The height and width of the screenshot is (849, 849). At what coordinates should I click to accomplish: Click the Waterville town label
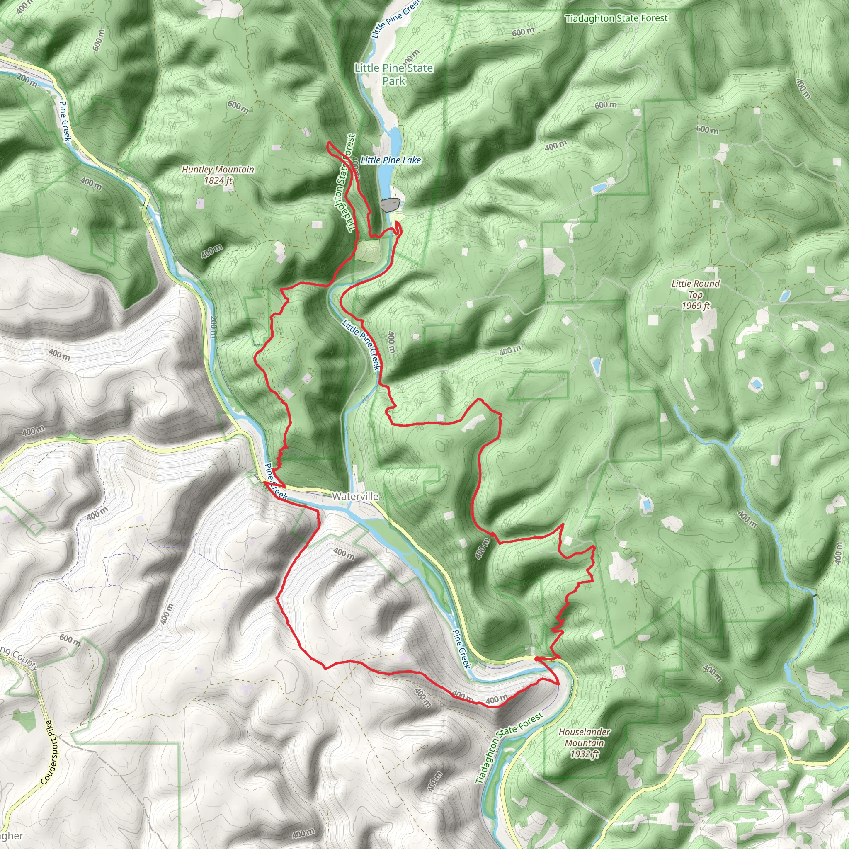coord(355,496)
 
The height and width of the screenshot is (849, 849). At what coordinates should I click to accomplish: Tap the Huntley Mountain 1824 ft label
coord(218,175)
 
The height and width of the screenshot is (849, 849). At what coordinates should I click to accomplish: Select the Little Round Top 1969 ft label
coord(695,294)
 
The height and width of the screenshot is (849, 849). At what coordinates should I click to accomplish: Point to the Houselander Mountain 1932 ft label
coord(584,742)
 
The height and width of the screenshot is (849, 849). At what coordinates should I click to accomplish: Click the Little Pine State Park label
coord(394,74)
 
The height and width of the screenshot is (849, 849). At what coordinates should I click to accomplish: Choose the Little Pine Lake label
coord(391,160)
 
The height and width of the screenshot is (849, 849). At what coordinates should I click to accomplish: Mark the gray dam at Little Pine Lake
coord(390,204)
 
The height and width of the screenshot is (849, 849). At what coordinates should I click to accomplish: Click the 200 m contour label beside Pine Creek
coord(213,327)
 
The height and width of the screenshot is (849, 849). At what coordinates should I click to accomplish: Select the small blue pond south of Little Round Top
coord(756,385)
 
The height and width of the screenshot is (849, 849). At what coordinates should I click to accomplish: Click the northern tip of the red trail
coord(329,143)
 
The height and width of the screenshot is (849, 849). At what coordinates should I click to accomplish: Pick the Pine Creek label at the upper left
coord(65,122)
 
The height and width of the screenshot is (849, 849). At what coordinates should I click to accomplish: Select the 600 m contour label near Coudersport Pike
coord(70,640)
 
